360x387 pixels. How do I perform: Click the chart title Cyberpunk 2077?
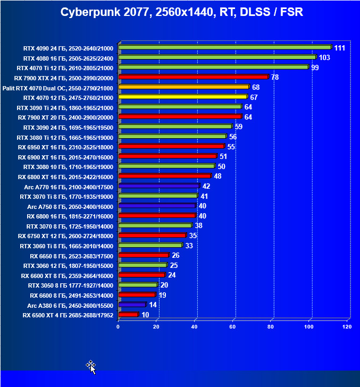click(181, 12)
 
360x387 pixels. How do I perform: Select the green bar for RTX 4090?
click(224, 47)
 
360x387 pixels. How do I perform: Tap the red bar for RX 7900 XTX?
click(193, 77)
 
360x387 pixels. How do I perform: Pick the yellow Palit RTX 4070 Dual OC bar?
click(184, 87)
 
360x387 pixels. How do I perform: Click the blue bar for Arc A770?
click(159, 186)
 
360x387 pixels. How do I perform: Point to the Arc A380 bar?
click(132, 305)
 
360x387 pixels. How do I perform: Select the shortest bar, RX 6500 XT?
click(128, 315)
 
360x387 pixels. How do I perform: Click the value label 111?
click(340, 48)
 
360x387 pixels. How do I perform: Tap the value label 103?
click(324, 57)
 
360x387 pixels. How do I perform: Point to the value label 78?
click(275, 77)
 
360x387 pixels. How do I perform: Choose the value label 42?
click(206, 186)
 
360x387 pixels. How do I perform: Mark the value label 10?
click(145, 315)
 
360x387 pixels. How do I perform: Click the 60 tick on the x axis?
click(232, 327)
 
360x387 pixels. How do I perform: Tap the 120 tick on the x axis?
click(347, 327)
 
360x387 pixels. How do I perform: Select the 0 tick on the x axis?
click(118, 327)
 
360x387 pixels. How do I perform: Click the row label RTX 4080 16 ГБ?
click(65, 58)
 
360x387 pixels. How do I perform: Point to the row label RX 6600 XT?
click(67, 275)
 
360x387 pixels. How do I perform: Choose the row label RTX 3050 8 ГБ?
click(70, 285)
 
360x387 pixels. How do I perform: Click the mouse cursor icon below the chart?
click(91, 366)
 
